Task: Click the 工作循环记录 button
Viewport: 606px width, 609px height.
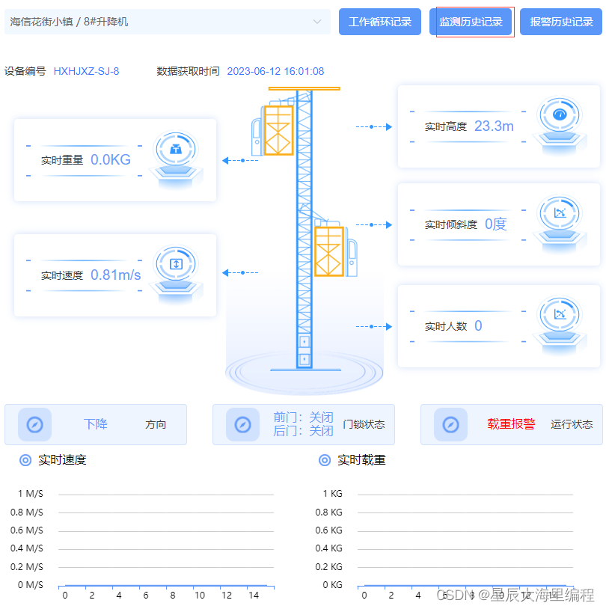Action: (380, 22)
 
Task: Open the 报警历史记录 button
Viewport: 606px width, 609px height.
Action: (561, 22)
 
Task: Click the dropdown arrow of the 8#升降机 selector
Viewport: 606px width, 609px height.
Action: (317, 22)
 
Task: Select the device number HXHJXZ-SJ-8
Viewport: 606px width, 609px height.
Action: (86, 71)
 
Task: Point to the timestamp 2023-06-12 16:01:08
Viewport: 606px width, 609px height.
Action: (275, 71)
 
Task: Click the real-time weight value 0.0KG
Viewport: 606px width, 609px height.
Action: (111, 159)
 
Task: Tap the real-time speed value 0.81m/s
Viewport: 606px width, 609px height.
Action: (116, 275)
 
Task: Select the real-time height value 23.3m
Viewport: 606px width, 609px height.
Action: (494, 126)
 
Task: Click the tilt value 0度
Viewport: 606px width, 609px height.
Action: (495, 224)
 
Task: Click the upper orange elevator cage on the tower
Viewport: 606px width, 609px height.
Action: (278, 130)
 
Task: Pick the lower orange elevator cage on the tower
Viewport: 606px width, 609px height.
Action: (328, 251)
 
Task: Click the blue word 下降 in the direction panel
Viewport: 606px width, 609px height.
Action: (96, 424)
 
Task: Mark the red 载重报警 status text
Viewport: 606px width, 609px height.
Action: (512, 424)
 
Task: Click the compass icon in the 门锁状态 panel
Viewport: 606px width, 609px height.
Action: (242, 424)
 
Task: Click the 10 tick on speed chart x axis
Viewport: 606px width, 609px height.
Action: (200, 596)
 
